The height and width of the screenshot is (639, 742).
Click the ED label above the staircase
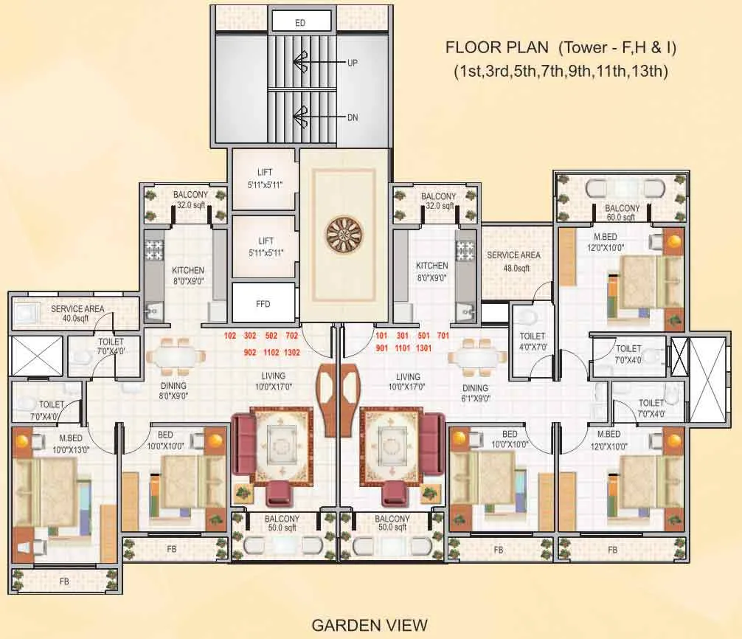[300, 23]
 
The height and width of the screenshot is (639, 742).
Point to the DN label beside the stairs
[353, 117]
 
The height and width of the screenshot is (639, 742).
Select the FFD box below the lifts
[263, 303]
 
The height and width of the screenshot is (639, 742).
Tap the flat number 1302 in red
[292, 352]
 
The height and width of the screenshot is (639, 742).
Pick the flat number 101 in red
[381, 336]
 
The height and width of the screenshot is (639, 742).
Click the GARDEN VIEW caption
[370, 625]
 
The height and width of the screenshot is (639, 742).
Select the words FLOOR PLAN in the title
[497, 47]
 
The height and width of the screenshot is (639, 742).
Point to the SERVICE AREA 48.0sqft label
[514, 261]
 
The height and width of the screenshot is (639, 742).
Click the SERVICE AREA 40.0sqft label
[77, 314]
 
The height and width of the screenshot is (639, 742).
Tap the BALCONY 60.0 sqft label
[622, 213]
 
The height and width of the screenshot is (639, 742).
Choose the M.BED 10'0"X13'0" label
[71, 443]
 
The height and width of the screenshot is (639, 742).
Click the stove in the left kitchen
[153, 251]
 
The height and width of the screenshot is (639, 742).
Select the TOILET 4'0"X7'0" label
[533, 341]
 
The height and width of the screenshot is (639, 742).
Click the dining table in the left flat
[176, 356]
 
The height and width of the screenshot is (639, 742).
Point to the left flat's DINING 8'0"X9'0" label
[173, 390]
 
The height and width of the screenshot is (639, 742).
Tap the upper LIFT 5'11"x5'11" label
[265, 179]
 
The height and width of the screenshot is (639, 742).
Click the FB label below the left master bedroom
[64, 581]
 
